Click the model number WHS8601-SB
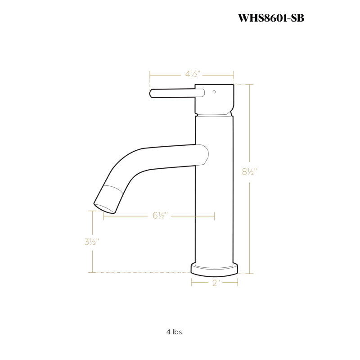271,18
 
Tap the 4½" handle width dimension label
193,74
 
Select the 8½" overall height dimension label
249,171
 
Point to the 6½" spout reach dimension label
161,216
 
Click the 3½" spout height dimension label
92,242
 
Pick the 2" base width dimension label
216,283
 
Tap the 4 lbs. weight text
175,332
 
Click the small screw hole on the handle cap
214,92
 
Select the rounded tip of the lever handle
151,94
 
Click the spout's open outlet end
104,208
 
